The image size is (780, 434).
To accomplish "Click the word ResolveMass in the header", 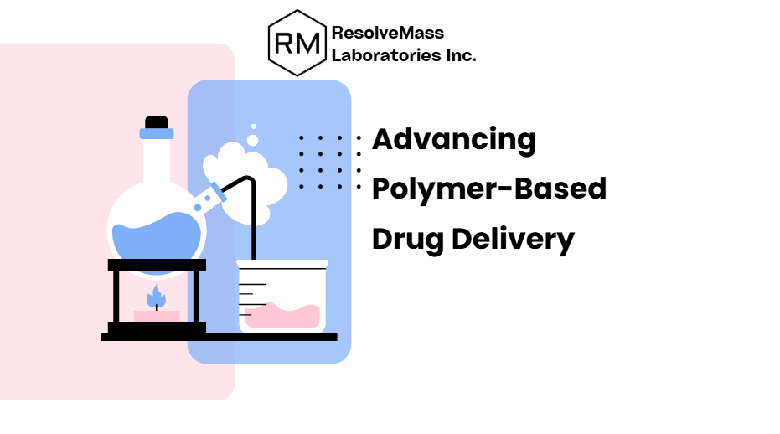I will pyautogui.click(x=388, y=34).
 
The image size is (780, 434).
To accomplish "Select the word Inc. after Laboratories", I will pyautogui.click(x=460, y=56).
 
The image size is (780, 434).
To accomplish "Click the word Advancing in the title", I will pyautogui.click(x=453, y=139).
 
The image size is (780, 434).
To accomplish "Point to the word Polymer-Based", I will pyautogui.click(x=488, y=189).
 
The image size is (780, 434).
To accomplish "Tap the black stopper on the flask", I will pyautogui.click(x=157, y=122).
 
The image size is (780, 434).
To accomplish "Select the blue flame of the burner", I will pyautogui.click(x=156, y=296).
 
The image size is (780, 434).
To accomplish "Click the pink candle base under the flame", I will pyautogui.click(x=157, y=316).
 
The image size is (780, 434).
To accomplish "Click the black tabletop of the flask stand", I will pyautogui.click(x=157, y=265).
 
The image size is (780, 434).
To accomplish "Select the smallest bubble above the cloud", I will pyautogui.click(x=254, y=127).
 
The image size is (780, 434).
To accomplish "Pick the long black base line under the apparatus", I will pyautogui.click(x=219, y=337).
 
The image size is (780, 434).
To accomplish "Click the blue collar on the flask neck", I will pyautogui.click(x=157, y=133).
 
